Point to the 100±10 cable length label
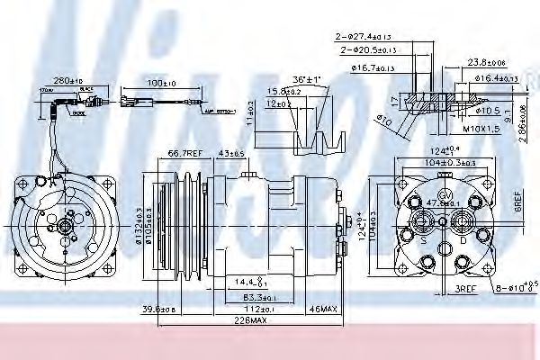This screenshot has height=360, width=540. [161, 83]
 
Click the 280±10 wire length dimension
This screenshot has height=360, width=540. [68, 81]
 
